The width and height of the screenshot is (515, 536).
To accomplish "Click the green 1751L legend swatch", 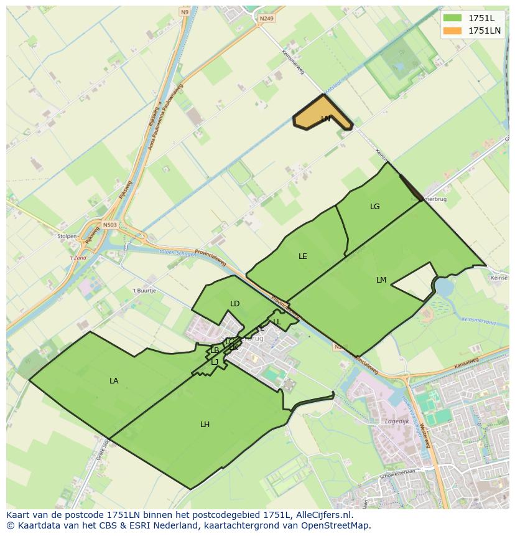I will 452,18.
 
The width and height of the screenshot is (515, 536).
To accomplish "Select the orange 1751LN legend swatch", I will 452,31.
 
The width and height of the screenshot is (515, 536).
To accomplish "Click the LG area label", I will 374,207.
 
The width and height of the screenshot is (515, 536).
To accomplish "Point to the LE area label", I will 303,256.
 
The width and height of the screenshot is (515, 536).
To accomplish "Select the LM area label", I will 381,280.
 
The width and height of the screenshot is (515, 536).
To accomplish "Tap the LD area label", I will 234,304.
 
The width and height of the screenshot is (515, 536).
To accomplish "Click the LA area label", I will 114,381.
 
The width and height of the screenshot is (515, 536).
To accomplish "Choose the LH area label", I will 205,425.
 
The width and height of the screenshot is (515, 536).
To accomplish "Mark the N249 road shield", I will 266,19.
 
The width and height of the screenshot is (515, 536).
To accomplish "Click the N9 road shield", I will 185,12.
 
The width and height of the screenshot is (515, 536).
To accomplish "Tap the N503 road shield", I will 110,225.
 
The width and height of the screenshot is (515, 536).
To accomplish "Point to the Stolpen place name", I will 67,237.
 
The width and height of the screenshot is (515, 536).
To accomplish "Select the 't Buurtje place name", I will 144,291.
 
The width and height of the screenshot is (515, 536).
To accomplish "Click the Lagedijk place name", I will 397,421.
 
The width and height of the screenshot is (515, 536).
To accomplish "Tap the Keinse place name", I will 498,278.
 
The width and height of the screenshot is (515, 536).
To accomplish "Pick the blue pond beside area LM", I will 444,287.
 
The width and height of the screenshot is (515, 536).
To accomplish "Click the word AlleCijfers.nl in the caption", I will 323,515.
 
